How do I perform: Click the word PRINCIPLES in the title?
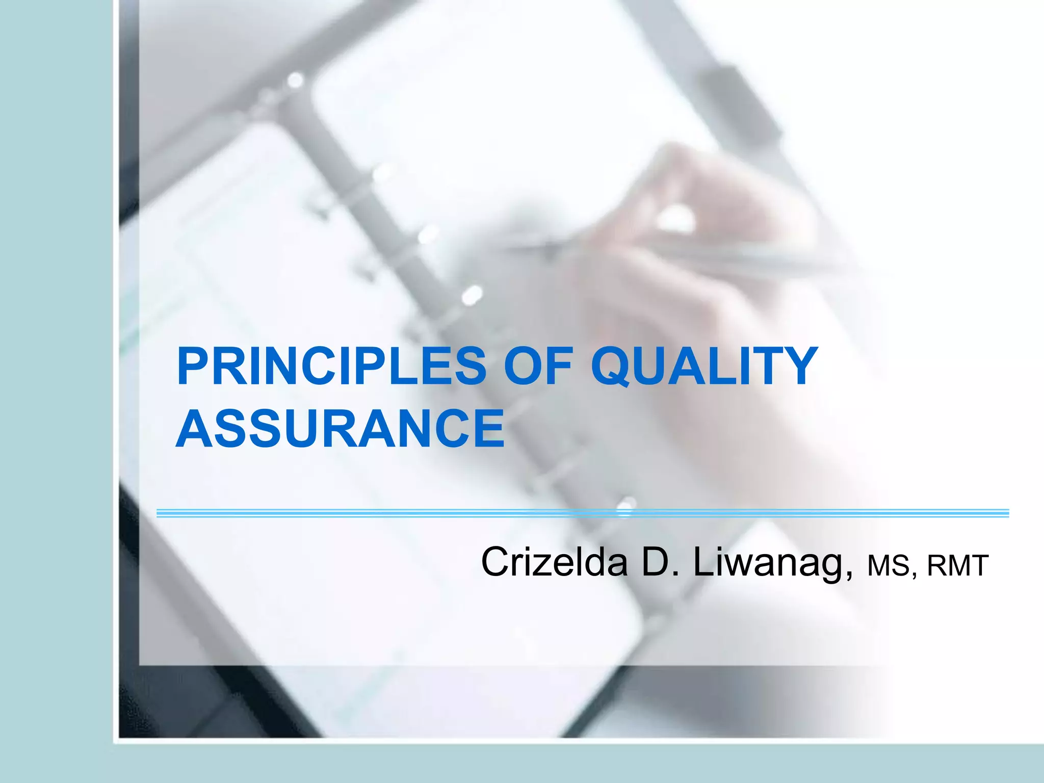click(331, 366)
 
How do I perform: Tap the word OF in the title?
click(538, 366)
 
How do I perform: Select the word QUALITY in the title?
click(704, 366)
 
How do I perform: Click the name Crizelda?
click(554, 563)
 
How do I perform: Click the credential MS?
click(888, 566)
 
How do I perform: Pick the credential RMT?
click(958, 566)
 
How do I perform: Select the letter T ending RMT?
click(979, 566)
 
